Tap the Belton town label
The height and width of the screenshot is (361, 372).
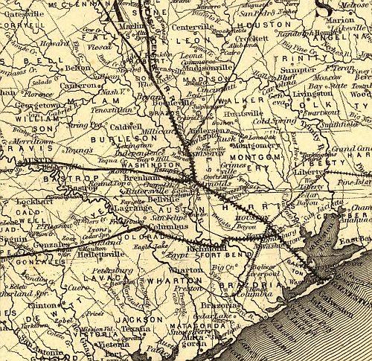(x=76, y=67)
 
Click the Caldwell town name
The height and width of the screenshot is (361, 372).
(x=126, y=127)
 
